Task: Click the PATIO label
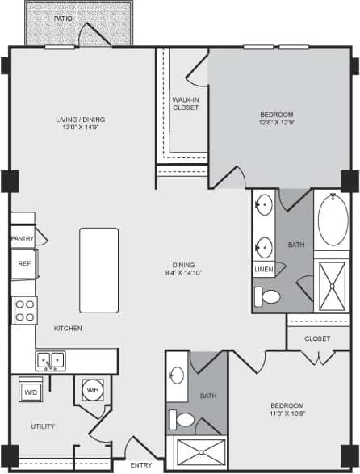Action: (63, 17)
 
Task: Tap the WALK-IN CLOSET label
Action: (186, 103)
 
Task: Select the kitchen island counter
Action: (98, 270)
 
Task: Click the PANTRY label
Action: (22, 239)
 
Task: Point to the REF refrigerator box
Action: (24, 263)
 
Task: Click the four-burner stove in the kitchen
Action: (25, 308)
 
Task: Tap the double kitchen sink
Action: (50, 360)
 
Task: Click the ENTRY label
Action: (141, 465)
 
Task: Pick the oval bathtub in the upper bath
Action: (330, 222)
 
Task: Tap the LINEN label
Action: (263, 270)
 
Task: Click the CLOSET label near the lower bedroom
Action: (317, 338)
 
